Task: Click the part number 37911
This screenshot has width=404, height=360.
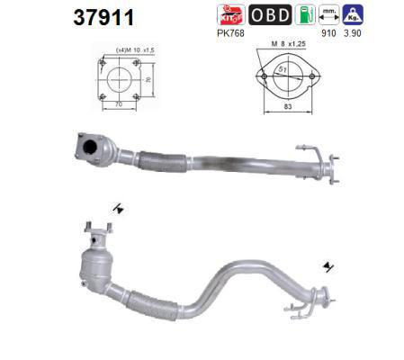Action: [x=103, y=17]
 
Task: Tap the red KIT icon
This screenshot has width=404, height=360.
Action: [x=231, y=14]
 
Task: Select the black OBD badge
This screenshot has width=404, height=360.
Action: [x=270, y=14]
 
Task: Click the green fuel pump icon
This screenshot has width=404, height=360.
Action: [x=305, y=14]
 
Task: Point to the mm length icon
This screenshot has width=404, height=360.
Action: [x=329, y=14]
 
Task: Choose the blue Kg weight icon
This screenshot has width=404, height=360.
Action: [x=353, y=14]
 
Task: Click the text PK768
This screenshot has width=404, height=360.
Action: [x=230, y=33]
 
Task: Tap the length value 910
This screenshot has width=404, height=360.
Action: [x=328, y=33]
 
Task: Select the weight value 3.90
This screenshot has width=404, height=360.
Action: [x=353, y=33]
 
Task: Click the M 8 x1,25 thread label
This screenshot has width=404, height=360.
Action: [x=289, y=44]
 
